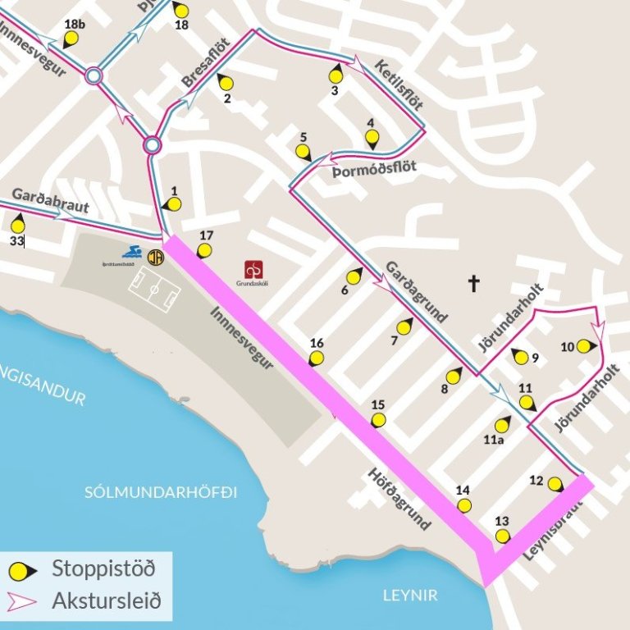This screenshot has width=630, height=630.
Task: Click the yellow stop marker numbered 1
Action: (173, 204)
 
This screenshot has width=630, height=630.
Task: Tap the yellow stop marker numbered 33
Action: (18, 225)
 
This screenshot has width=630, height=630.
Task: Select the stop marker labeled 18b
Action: (71, 38)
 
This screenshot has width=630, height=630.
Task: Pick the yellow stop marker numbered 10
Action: (583, 346)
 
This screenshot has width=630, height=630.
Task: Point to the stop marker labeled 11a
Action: (501, 426)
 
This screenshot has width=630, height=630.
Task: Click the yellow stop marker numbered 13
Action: (502, 536)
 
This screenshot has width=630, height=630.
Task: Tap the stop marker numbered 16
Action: (316, 358)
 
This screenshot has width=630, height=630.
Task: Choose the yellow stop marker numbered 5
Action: (303, 151)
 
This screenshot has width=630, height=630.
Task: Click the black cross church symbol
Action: (473, 284)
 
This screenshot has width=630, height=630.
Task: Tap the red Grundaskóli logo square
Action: (253, 269)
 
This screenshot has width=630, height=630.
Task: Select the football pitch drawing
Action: (153, 292)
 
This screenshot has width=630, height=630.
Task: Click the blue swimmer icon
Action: (131, 253)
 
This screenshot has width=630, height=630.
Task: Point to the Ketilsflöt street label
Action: (399, 85)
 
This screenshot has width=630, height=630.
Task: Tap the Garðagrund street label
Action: (415, 292)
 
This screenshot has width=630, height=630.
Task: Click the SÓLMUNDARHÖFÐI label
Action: (161, 492)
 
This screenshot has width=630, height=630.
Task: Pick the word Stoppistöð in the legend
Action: (103, 567)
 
